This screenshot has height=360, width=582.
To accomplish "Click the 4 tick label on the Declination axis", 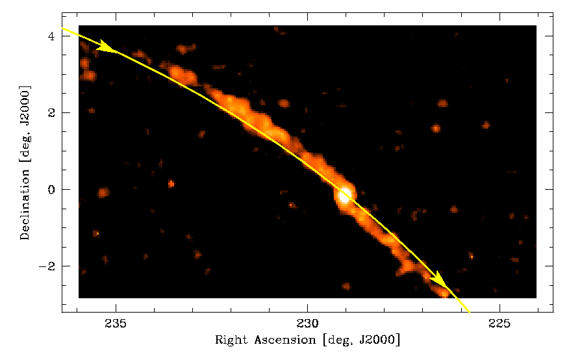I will point(49,36).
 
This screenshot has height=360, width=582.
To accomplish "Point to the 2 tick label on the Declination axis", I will point(49,113).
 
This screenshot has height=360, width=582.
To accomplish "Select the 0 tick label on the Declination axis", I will point(49,190).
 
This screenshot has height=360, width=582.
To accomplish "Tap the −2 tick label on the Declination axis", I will point(46,266).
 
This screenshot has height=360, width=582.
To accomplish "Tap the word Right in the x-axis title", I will point(230,340).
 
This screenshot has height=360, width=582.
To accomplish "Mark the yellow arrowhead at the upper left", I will point(107,47).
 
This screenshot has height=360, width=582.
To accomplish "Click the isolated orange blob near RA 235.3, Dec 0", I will point(103,193).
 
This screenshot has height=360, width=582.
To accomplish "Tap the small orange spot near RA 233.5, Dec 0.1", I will point(171,184).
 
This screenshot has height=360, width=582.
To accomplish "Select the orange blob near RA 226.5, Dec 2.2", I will point(443,103).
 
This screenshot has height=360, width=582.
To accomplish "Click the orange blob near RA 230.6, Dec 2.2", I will point(283,103).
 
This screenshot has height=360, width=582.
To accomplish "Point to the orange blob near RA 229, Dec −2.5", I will point(346,286).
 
